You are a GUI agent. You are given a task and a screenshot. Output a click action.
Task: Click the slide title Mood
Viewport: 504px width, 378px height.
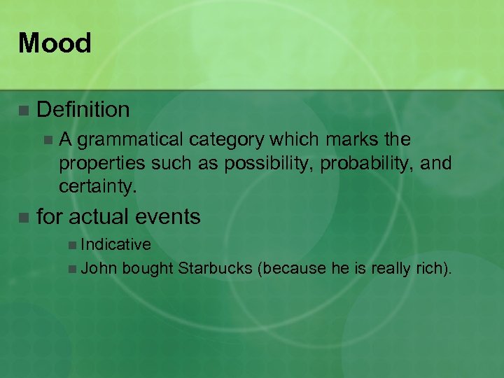tap(55, 43)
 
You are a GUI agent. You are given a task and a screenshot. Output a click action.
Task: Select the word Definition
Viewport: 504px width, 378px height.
tap(83, 109)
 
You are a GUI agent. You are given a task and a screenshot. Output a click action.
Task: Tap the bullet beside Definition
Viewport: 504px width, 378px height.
tap(24, 110)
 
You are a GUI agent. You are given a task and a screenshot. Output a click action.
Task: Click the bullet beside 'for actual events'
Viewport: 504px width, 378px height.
tap(24, 218)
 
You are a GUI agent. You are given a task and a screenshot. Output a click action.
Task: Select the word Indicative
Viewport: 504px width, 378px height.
tap(116, 244)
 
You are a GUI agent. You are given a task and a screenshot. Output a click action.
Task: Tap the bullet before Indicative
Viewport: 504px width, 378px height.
tap(73, 245)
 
